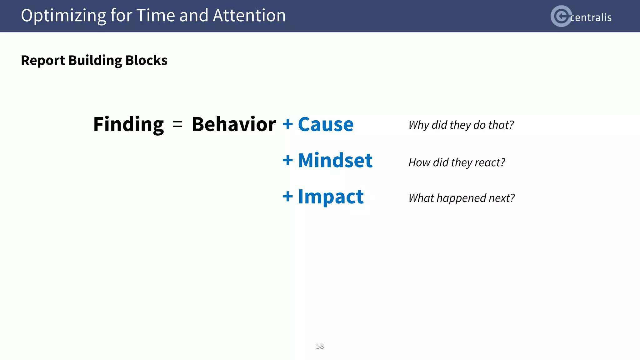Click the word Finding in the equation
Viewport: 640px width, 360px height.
[x=128, y=124]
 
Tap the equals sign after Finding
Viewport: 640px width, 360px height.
[x=177, y=124]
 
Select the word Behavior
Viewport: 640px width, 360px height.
[x=234, y=124]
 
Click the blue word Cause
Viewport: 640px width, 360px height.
[x=326, y=124]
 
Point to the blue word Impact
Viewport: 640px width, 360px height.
[x=331, y=197]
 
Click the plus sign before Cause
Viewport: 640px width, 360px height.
[x=287, y=124]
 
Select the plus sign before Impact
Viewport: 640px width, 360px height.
[x=287, y=197]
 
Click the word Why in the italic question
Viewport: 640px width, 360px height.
[x=419, y=125]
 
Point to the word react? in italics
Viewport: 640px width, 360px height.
[x=490, y=162]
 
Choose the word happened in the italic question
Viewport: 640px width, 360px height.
[x=461, y=198]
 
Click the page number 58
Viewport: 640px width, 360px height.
[x=320, y=346]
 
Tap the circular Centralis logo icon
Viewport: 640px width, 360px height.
[x=561, y=16]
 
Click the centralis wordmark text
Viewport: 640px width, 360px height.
[x=591, y=17]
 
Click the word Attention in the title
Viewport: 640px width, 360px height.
[x=249, y=16]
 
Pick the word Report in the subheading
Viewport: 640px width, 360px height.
[x=43, y=60]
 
